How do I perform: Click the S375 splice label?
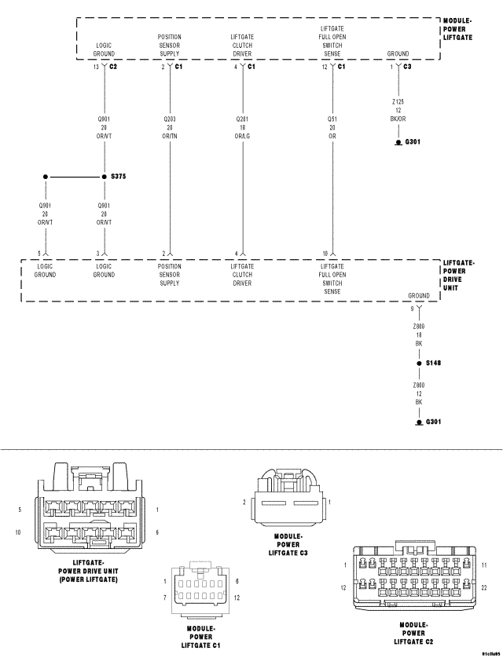tap(119, 177)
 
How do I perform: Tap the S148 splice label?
tap(434, 364)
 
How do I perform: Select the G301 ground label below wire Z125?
tap(413, 143)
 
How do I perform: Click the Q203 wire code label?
tap(169, 118)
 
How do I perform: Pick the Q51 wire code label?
tap(332, 118)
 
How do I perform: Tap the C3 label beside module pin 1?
tap(406, 68)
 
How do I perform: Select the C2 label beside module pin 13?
tap(113, 68)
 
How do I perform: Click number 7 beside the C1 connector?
tap(164, 599)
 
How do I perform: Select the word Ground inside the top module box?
tap(398, 54)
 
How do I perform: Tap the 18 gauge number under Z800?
tap(419, 334)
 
